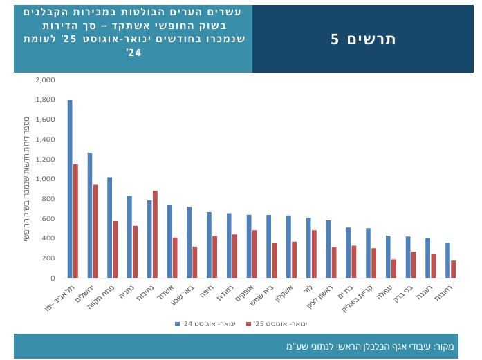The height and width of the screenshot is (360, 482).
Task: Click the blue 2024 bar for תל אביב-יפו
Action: pos(70,189)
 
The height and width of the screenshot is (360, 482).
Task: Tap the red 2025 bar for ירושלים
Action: pos(95,231)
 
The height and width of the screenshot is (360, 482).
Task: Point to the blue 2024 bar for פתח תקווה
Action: pos(109,227)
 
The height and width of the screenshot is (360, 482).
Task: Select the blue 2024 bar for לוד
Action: pos(308,247)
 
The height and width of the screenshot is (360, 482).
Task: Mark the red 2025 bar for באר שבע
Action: pos(195,262)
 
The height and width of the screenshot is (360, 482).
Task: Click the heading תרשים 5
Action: pos(363,39)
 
